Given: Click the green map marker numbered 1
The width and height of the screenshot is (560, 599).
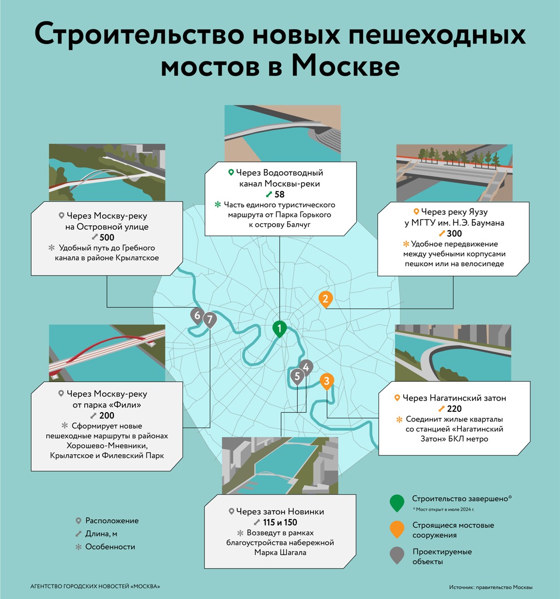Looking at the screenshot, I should click(x=280, y=329).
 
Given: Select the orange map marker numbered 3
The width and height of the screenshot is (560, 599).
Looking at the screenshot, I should click(x=326, y=381).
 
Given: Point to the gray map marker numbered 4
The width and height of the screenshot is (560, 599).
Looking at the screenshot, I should click(x=306, y=367).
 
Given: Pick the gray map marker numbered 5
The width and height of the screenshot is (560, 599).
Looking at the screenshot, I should click(x=297, y=376).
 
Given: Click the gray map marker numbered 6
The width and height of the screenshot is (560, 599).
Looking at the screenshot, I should click(x=197, y=316).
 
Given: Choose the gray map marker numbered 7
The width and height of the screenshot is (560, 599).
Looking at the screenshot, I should click(x=210, y=320).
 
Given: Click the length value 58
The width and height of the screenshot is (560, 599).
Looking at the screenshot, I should click(x=279, y=194).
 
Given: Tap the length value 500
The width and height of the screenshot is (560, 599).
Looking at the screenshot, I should click(x=107, y=237).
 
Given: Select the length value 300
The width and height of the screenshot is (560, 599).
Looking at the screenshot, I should click(x=454, y=233).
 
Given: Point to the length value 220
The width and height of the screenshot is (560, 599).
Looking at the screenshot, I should click(x=454, y=409).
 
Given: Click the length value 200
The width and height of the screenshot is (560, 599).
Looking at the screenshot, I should click(x=107, y=416).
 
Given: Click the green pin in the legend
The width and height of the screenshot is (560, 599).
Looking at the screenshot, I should click(x=397, y=502).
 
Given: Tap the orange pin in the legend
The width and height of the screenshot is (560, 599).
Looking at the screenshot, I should click(x=397, y=529).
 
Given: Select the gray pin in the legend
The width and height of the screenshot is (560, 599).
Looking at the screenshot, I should click(x=397, y=555).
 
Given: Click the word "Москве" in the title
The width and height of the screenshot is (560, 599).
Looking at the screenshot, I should click(x=346, y=67).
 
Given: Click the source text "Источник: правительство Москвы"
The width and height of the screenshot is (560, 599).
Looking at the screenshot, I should click(x=490, y=587).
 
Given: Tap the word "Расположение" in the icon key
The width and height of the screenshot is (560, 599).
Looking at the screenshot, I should click(x=112, y=521).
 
